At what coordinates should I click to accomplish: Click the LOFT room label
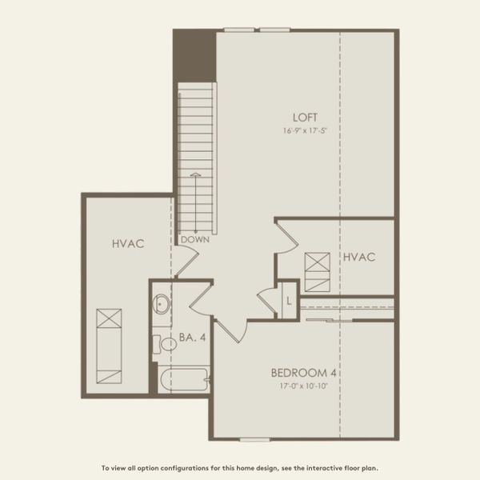[x=300, y=116]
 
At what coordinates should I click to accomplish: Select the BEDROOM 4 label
[x=303, y=372]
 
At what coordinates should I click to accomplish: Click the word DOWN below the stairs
[x=195, y=239]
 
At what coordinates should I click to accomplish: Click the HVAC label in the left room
[x=128, y=243]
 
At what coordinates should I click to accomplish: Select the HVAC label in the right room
[x=359, y=257]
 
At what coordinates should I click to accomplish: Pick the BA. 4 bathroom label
[x=193, y=338]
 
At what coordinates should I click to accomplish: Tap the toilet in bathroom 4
[x=167, y=344]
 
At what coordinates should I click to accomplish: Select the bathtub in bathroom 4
[x=184, y=379]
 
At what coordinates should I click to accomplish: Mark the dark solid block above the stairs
[x=194, y=54]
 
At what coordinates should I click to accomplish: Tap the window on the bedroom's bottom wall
[x=254, y=439]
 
